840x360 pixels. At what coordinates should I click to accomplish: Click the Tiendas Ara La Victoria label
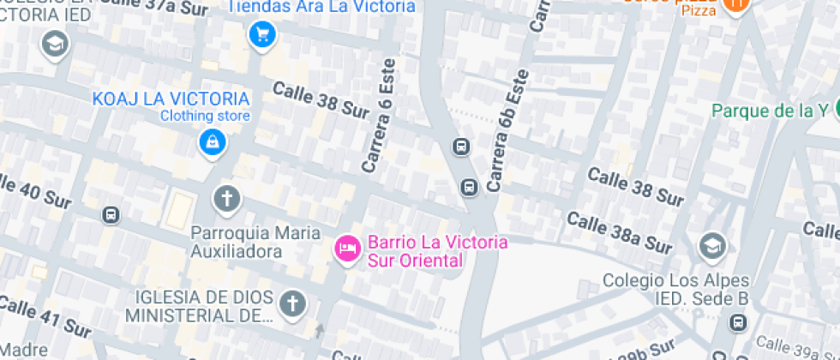click(322, 7)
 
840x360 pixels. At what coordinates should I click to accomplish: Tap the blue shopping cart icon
click(261, 35)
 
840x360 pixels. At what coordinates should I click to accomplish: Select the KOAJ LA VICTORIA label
click(171, 99)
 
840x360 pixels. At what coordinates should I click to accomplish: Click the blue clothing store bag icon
click(211, 142)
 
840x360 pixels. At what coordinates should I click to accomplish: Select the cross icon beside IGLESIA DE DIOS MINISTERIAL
click(293, 303)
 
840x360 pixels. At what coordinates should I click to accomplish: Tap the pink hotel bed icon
click(346, 249)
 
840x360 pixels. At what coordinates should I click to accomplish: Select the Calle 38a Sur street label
click(619, 232)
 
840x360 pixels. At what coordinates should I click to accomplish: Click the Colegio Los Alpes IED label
click(675, 289)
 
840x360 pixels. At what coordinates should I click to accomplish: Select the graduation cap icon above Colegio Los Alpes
click(711, 247)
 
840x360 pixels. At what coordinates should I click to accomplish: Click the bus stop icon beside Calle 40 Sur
click(111, 214)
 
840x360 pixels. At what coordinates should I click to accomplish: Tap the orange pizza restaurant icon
click(735, 5)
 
